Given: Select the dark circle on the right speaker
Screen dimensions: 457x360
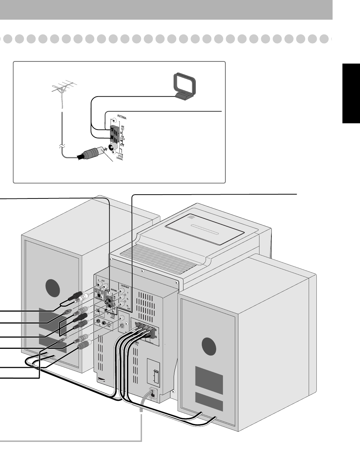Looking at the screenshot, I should [x=210, y=346].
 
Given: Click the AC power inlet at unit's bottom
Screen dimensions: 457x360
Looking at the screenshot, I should [x=154, y=393].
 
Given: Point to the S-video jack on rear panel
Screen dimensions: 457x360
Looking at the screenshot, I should [x=121, y=325].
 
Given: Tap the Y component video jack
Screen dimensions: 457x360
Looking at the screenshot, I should [x=122, y=291].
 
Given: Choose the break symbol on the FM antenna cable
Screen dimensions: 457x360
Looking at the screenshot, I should [x=62, y=145].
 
